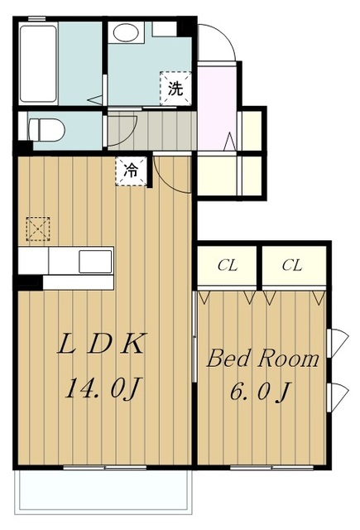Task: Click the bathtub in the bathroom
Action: (x=38, y=64)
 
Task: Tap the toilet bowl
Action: (x=46, y=130)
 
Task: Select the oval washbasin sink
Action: (x=126, y=32)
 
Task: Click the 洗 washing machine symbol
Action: (x=175, y=89)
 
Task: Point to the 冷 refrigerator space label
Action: (x=131, y=171)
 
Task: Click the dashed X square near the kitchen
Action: (x=38, y=229)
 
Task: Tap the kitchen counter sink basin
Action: (x=95, y=262)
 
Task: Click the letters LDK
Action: (x=101, y=344)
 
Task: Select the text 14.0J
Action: (x=103, y=388)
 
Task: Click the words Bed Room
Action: (x=262, y=359)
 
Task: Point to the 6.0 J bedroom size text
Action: (x=260, y=392)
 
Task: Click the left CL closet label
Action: (x=228, y=266)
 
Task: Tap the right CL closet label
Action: (x=292, y=266)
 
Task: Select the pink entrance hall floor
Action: (x=217, y=108)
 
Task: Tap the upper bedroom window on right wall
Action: (x=337, y=343)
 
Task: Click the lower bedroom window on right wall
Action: (x=337, y=397)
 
